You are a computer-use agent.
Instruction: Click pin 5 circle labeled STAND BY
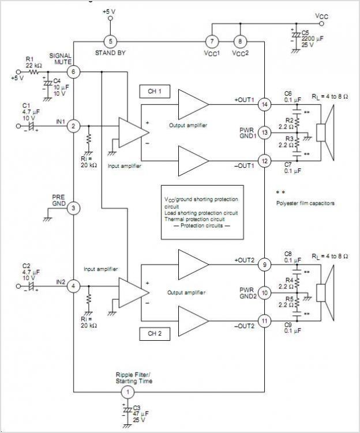(111, 41)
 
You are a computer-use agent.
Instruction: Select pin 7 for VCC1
(212, 41)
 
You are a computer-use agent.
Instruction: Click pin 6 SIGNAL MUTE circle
(73, 71)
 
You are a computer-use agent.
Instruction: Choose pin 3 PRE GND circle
(73, 208)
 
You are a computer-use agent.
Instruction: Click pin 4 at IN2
(73, 285)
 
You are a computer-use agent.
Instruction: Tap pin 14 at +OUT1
(264, 104)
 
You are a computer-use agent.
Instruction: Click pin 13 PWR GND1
(264, 133)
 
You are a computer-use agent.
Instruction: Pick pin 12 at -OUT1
(264, 161)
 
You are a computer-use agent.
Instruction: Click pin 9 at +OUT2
(264, 265)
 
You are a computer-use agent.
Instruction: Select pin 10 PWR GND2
(264, 293)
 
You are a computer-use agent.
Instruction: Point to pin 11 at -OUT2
(264, 321)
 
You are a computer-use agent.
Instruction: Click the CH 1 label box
(154, 92)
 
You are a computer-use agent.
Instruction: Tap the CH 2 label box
(154, 333)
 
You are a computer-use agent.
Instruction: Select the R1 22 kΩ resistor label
(34, 62)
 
